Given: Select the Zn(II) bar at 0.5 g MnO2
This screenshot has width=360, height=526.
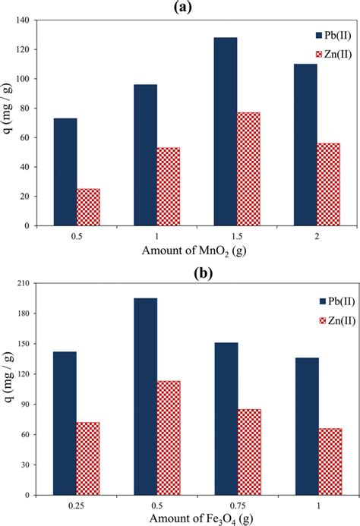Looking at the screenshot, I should [x=88, y=207].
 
